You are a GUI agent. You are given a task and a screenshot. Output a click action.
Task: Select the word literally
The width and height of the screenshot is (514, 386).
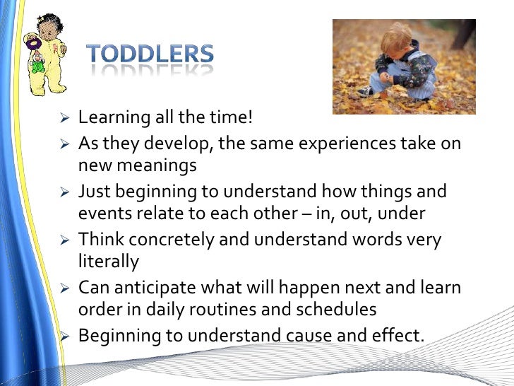coord(109,262)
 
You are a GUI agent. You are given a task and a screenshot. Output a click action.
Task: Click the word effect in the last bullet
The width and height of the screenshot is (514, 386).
coord(396,335)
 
